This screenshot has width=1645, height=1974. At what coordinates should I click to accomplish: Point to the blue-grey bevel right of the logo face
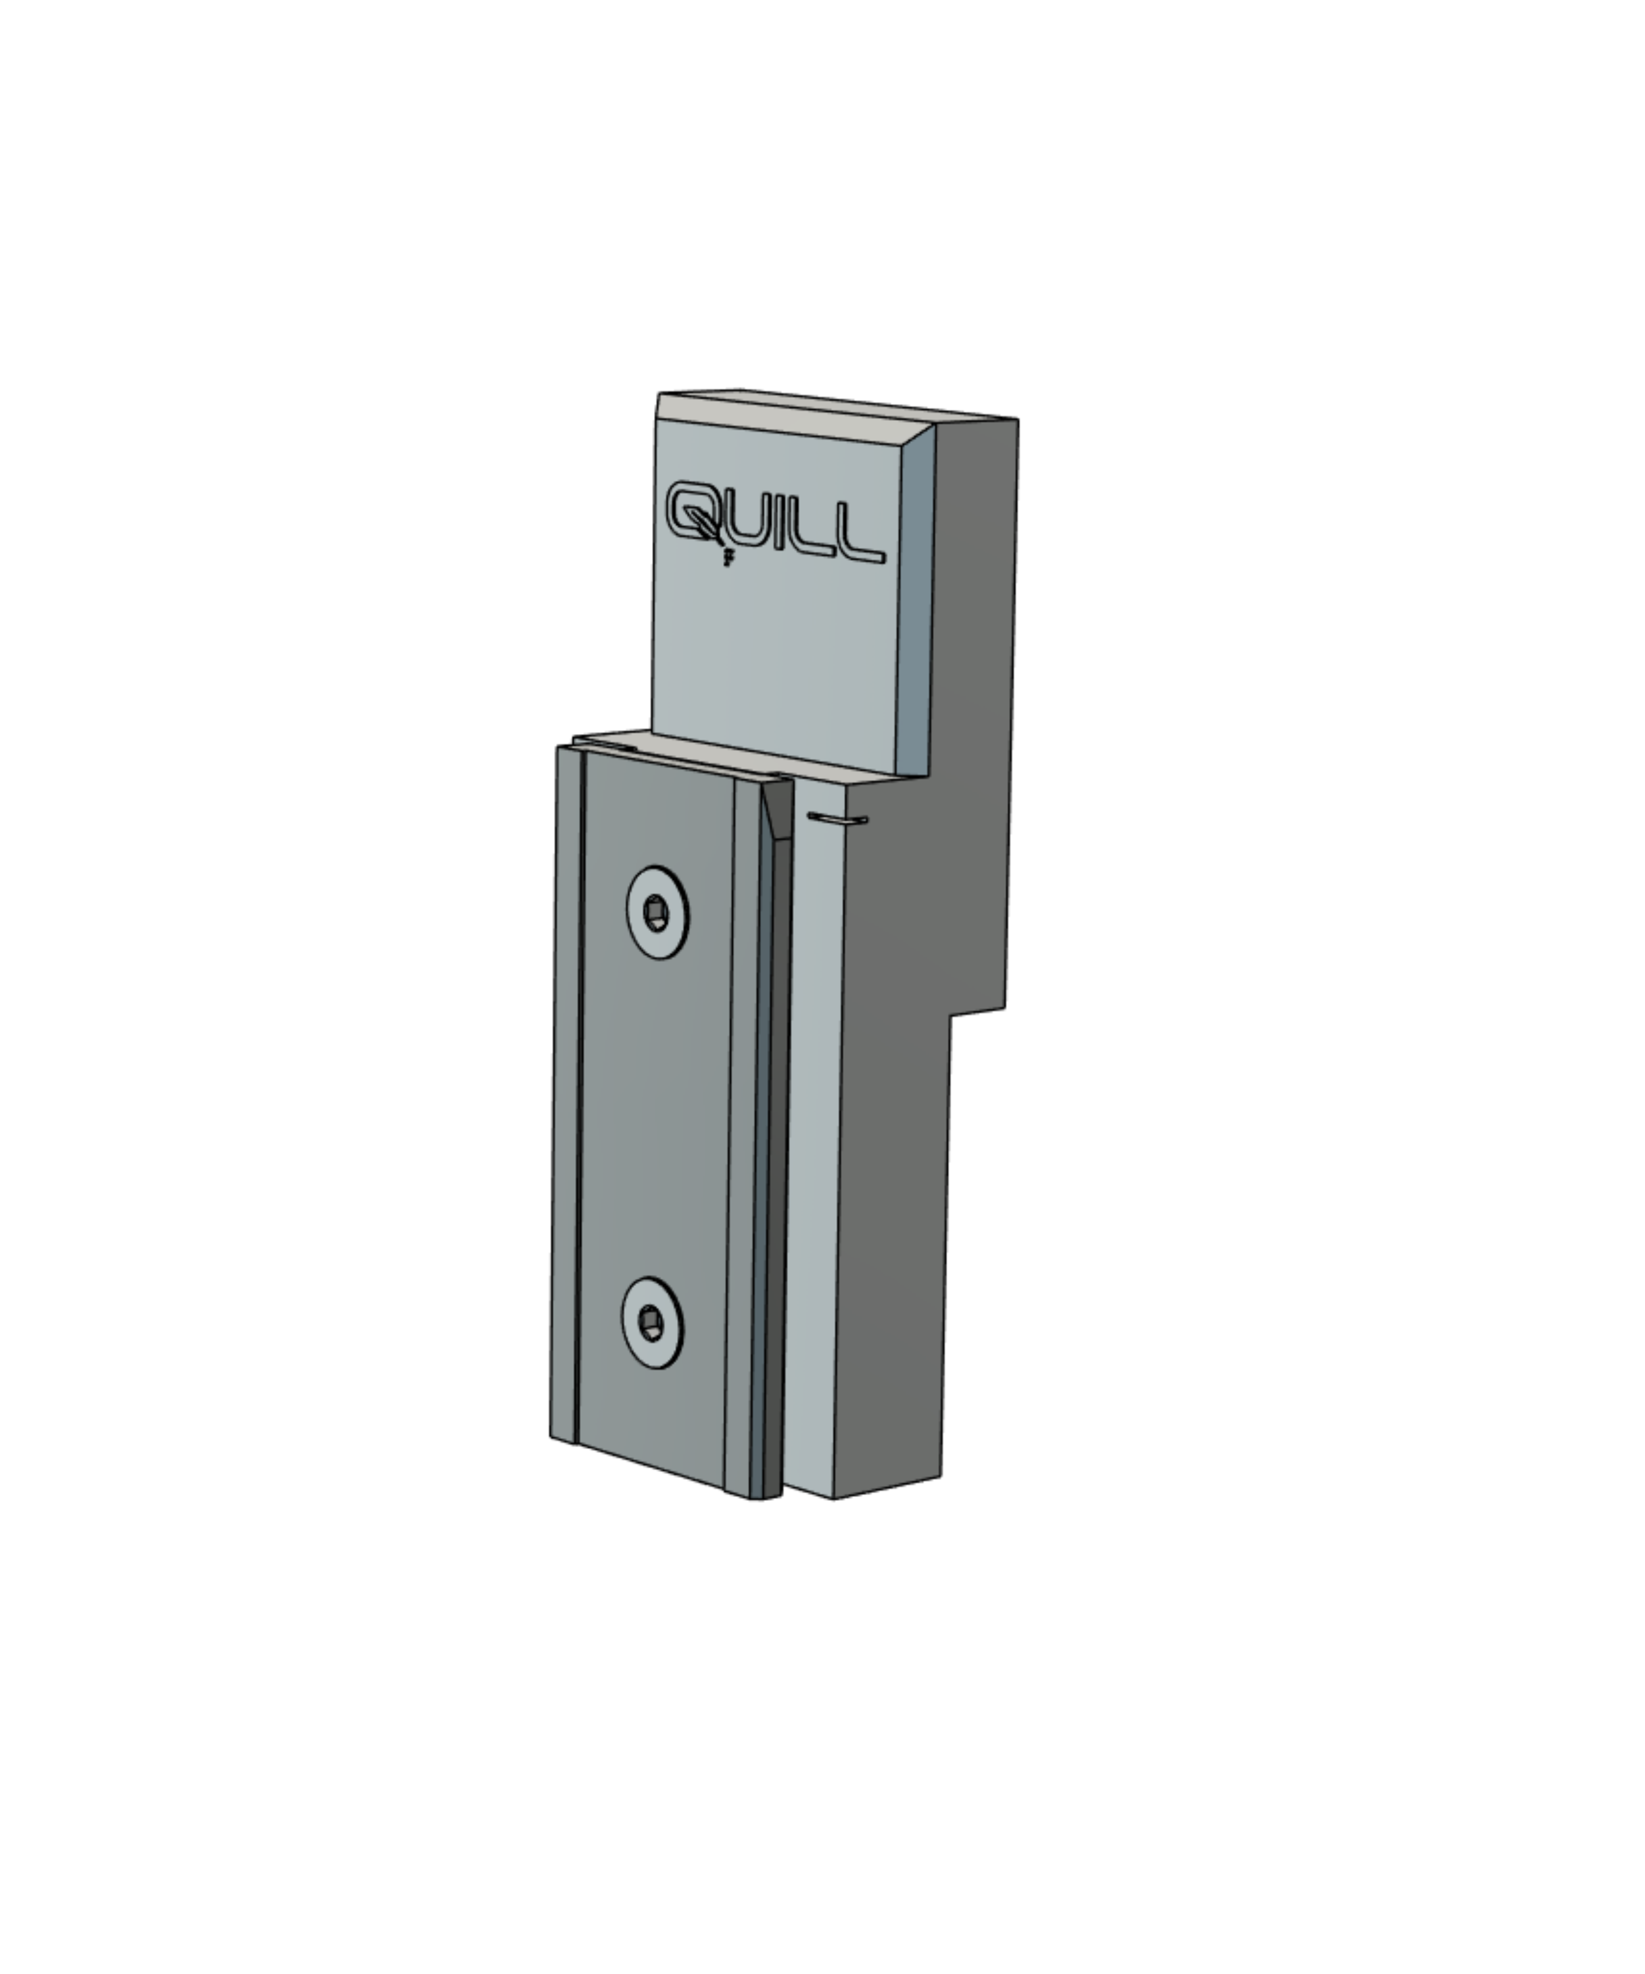(914, 602)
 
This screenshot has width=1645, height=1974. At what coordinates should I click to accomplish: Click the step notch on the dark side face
(978, 1013)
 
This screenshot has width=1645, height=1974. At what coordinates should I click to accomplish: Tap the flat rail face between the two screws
(653, 1118)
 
